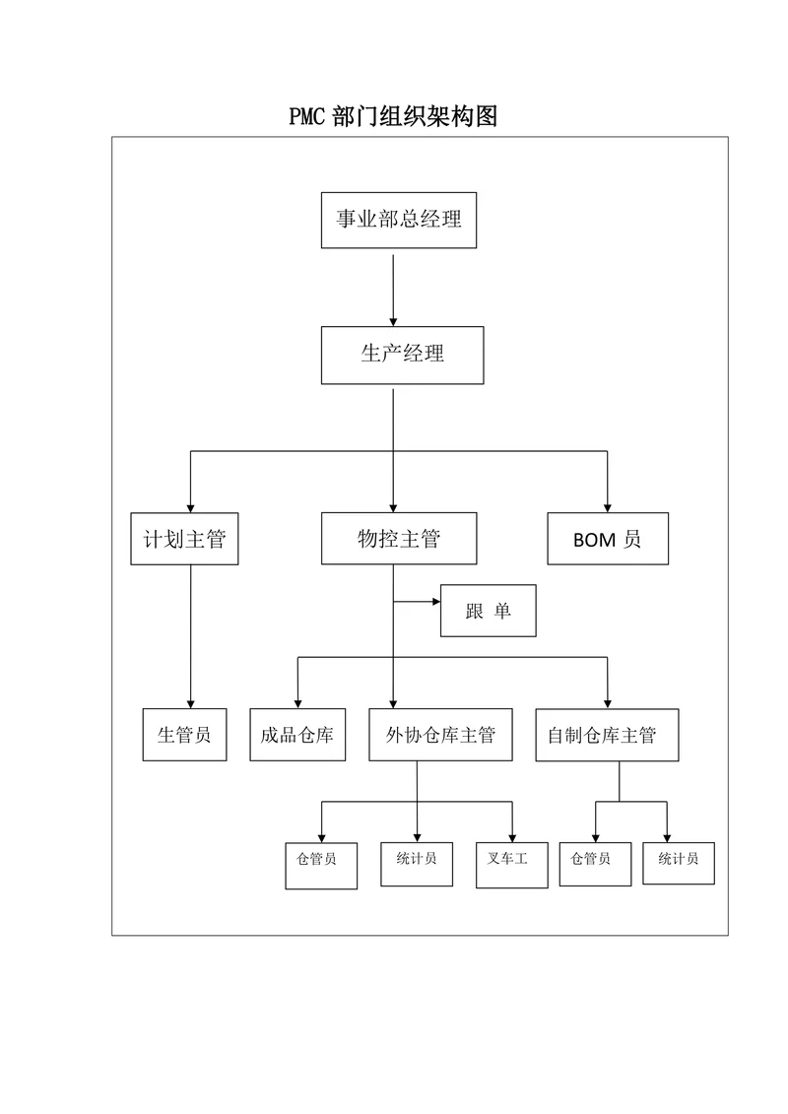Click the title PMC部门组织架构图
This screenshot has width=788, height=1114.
point(393,117)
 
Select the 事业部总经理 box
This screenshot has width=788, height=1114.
point(399,220)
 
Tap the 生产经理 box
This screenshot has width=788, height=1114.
point(402,355)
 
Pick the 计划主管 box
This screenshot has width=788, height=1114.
point(184,539)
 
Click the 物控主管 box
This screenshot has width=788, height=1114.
point(399,539)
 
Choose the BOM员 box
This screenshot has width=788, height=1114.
point(607,539)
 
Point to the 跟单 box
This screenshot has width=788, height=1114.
point(489,611)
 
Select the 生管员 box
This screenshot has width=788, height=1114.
point(184,735)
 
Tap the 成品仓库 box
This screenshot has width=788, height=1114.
point(297,735)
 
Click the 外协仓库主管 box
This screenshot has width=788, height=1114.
point(440,735)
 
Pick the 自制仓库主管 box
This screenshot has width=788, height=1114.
point(608,735)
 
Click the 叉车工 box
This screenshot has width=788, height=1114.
point(511,865)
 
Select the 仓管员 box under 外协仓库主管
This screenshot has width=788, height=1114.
point(320,865)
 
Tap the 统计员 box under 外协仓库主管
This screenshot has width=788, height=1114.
point(417,863)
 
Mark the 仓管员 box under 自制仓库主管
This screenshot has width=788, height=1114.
point(595,862)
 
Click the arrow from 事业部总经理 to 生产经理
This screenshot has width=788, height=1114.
point(394,291)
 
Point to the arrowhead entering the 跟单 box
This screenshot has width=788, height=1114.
point(433,600)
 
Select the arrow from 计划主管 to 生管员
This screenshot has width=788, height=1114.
point(190,635)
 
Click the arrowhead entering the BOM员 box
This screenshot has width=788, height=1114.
point(608,505)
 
